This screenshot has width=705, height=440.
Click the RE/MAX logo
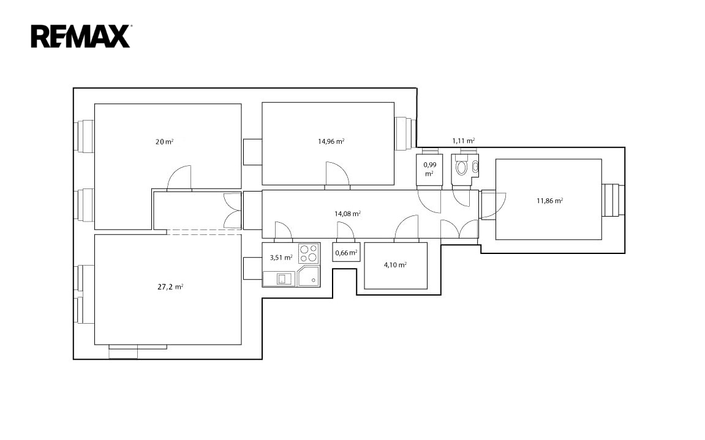(81, 36)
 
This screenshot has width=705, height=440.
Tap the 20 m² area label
(165, 141)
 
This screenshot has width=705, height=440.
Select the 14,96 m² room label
(331, 141)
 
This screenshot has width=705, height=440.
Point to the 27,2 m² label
(170, 287)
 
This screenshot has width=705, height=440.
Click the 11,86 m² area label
(550, 201)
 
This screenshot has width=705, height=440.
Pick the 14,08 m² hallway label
(347, 214)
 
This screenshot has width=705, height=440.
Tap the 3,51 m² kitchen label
(281, 258)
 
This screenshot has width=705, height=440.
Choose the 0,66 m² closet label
(346, 253)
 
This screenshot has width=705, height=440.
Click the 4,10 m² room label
(395, 265)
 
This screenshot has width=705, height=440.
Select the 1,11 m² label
(464, 141)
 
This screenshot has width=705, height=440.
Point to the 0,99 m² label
(430, 169)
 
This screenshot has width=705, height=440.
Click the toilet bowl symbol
(461, 167)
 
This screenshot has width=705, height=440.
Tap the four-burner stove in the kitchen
(309, 253)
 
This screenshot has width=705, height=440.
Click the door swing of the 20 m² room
(179, 178)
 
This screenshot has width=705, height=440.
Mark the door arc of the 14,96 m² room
(337, 173)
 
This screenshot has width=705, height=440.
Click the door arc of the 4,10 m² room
(407, 226)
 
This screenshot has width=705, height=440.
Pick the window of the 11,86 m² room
(613, 200)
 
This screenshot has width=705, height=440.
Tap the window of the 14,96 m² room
(405, 133)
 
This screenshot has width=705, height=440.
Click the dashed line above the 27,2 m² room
(204, 232)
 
